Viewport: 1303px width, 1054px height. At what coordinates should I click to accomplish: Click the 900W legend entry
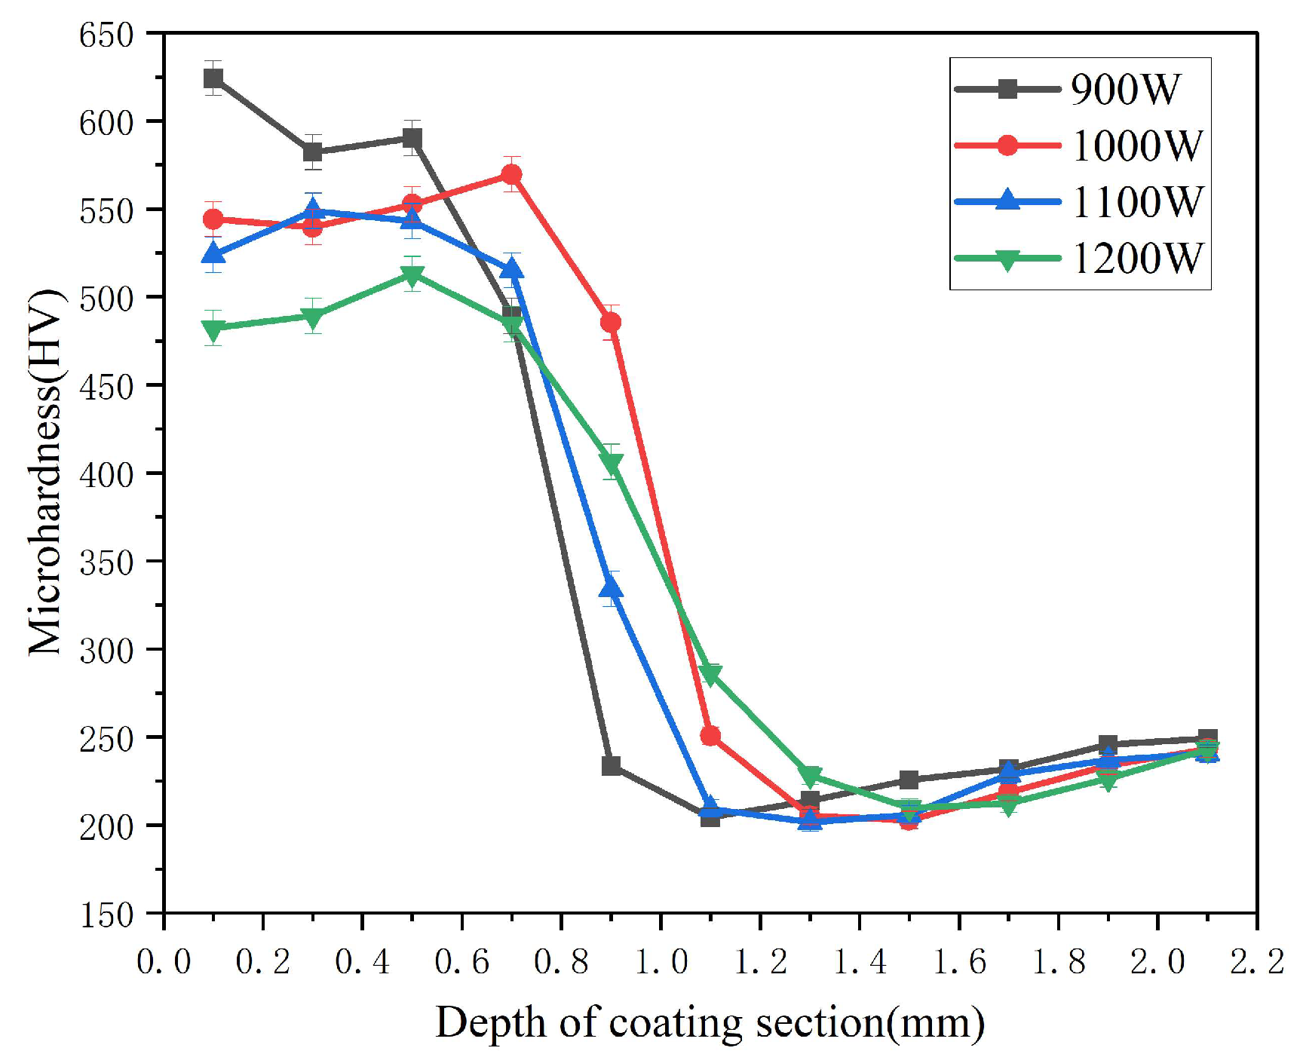[x=1124, y=89]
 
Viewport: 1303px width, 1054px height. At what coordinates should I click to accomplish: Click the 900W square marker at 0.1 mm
[x=213, y=78]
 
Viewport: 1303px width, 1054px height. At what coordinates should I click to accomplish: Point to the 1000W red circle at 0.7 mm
[x=512, y=175]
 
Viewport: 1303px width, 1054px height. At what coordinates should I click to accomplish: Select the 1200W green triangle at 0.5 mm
[x=412, y=275]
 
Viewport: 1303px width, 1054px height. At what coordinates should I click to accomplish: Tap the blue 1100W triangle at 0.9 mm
[x=612, y=587]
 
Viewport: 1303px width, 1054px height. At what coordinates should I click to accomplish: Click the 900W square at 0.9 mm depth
[x=612, y=766]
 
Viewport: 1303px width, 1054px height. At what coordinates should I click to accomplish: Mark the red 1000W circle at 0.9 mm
[x=611, y=323]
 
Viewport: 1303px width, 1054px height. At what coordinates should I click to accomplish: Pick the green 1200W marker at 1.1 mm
[x=710, y=674]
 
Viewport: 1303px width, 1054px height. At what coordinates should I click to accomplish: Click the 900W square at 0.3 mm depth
[x=313, y=152]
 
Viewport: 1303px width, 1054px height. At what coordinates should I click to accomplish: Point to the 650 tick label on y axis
[x=106, y=35]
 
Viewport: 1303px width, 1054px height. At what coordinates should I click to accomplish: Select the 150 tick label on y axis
[x=106, y=915]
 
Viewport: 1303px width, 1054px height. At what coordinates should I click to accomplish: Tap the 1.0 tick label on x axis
[x=661, y=961]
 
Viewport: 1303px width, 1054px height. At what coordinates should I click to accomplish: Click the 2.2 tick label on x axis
[x=1257, y=961]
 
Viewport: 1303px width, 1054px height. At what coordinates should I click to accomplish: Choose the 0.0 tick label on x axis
[x=164, y=961]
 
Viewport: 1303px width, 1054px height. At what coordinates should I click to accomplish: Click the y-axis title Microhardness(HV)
[x=45, y=473]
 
